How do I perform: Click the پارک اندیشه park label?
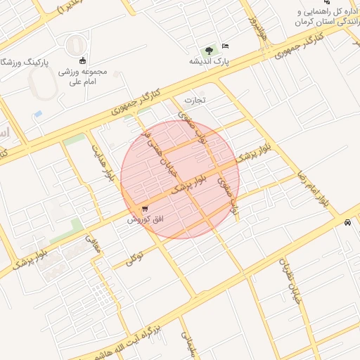pyautogui.click(x=209, y=61)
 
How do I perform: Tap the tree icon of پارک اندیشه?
pyautogui.click(x=208, y=50)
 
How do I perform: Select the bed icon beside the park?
pyautogui.click(x=225, y=46)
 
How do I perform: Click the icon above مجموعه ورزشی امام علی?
pyautogui.click(x=83, y=60)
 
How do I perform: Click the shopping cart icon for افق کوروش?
pyautogui.click(x=145, y=209)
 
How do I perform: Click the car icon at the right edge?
pyautogui.click(x=348, y=223)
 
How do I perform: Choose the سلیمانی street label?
pyautogui.click(x=188, y=345)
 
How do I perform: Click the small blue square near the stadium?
pyautogui.click(x=38, y=113)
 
